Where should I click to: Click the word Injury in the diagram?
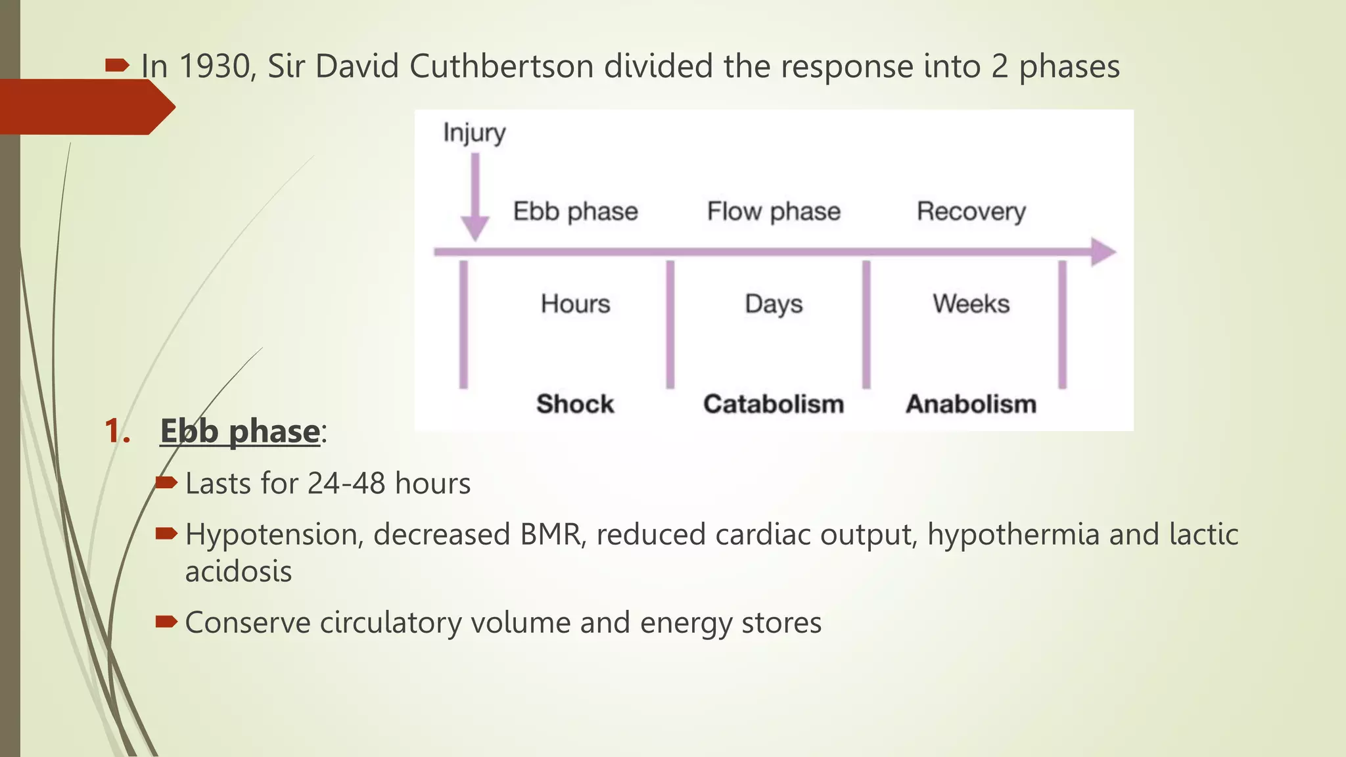[x=474, y=133]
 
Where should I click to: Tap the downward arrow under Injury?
[x=475, y=197]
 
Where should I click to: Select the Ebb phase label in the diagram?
[x=575, y=212]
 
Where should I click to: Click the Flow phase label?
[x=774, y=212]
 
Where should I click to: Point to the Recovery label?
[x=971, y=212]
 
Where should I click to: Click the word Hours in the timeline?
[x=575, y=304]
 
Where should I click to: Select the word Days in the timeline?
[x=774, y=304]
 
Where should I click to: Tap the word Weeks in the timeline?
[x=971, y=304]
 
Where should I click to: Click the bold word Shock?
[x=575, y=403]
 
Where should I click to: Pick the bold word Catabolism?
[x=774, y=403]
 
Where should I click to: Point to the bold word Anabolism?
[x=971, y=403]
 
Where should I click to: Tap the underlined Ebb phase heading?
[x=240, y=431]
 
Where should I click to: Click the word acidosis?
[x=238, y=571]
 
